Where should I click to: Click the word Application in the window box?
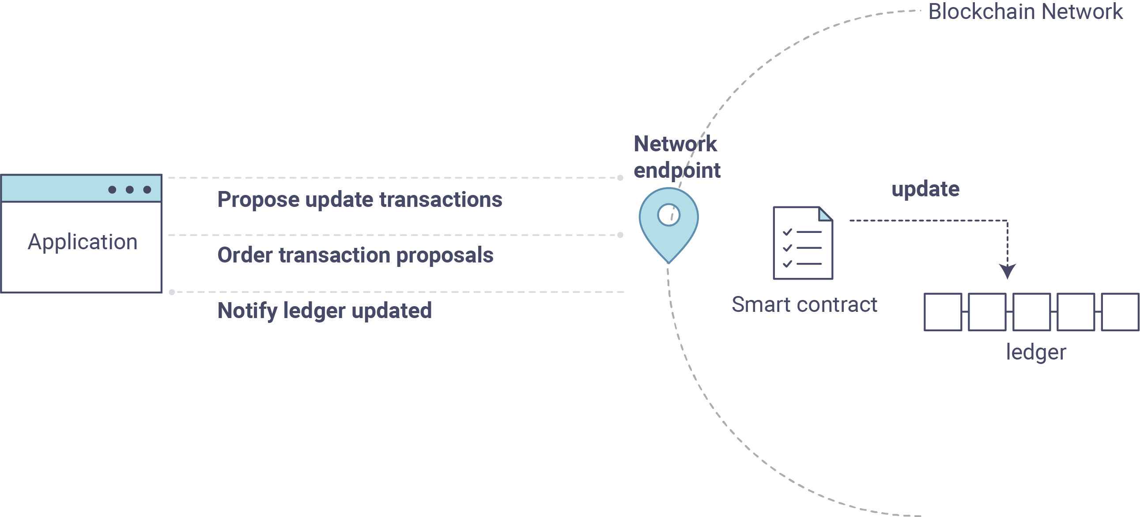pyautogui.click(x=83, y=242)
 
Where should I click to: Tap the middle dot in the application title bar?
pyautogui.click(x=130, y=190)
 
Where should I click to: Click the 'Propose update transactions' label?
pyautogui.click(x=360, y=200)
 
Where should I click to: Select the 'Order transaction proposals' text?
pyautogui.click(x=355, y=255)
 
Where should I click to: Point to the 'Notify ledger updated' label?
pyautogui.click(x=325, y=311)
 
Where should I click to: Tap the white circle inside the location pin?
pyautogui.click(x=669, y=215)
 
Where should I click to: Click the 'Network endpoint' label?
pyautogui.click(x=677, y=157)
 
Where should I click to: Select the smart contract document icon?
pyautogui.click(x=803, y=243)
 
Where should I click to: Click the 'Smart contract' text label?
pyautogui.click(x=804, y=305)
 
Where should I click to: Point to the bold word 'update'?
pyautogui.click(x=925, y=189)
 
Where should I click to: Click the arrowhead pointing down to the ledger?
pyautogui.click(x=1007, y=271)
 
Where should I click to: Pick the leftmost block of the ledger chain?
pyautogui.click(x=943, y=312)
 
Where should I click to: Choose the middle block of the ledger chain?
pyautogui.click(x=1031, y=312)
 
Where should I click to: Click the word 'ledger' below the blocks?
pyautogui.click(x=1036, y=352)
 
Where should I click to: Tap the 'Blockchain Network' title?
pyautogui.click(x=1025, y=11)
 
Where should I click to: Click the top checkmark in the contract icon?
pyautogui.click(x=787, y=232)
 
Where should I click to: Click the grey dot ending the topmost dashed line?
pyautogui.click(x=620, y=178)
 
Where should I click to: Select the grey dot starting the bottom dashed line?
pyautogui.click(x=172, y=292)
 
